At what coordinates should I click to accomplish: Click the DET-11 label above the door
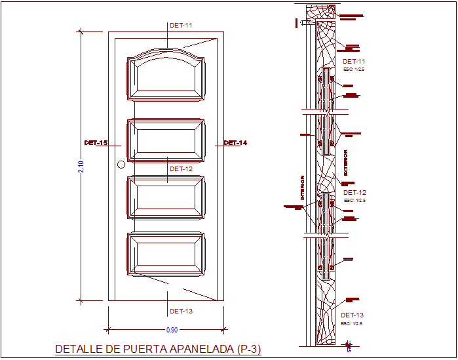click(181, 26)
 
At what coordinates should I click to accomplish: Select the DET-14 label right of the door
click(235, 143)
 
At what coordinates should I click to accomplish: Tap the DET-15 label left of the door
click(96, 143)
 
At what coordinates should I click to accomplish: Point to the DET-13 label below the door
click(181, 311)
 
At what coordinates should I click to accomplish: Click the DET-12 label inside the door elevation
click(181, 169)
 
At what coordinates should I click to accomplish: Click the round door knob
click(121, 165)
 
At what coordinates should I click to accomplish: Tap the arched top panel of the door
click(166, 75)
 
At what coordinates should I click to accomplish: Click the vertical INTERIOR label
click(303, 187)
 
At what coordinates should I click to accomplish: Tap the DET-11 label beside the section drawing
click(354, 62)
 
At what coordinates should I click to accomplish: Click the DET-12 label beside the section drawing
click(354, 193)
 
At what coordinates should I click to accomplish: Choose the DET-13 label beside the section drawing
click(352, 315)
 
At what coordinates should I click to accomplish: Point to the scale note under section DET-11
click(354, 69)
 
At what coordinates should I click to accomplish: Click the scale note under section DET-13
click(352, 323)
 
